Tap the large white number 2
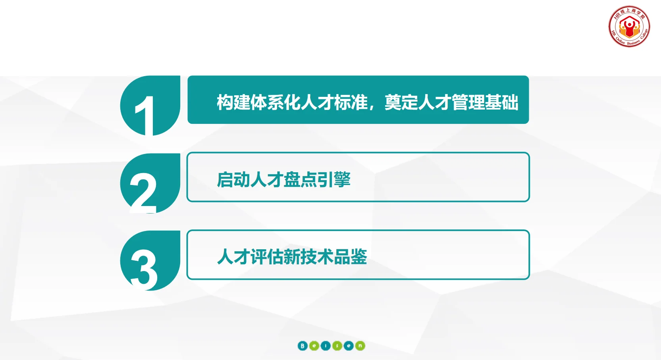pos(143,193)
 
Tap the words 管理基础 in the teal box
pos(485,102)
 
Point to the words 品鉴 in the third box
pos(350,257)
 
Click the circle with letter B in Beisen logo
pos(303,346)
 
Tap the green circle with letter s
pos(337,346)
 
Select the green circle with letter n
pos(360,346)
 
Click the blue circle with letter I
pos(326,346)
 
